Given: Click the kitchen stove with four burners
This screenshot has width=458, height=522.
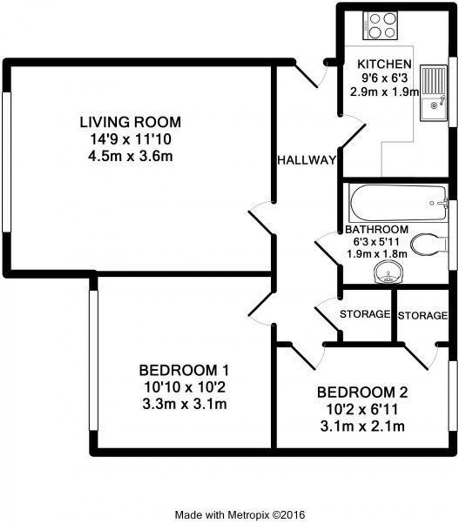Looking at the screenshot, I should click(383, 25).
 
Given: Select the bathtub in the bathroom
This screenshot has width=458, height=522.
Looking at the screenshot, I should click(398, 202).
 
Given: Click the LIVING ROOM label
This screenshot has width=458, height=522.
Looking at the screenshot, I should click(130, 122).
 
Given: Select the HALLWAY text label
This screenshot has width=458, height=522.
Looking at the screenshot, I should click(307, 160).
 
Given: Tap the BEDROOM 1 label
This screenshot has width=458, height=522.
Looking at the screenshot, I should click(185, 371).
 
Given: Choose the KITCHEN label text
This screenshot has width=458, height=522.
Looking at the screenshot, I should click(383, 63).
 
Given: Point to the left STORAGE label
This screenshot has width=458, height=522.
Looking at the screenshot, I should click(364, 314).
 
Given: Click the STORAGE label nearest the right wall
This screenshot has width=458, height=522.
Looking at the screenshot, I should click(423, 316).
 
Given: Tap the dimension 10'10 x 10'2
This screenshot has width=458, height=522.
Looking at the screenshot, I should click(185, 387).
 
